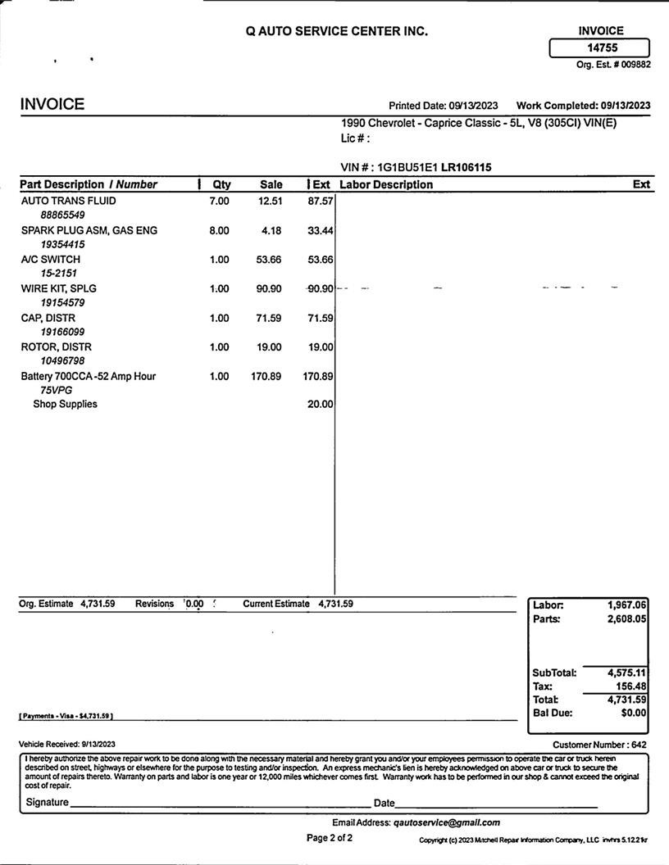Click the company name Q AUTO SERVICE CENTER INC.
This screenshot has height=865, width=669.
[x=336, y=31]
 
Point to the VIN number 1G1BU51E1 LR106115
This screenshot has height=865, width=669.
[x=434, y=167]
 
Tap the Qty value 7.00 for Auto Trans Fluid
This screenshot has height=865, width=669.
[x=220, y=201]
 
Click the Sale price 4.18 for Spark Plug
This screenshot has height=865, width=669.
[x=271, y=230]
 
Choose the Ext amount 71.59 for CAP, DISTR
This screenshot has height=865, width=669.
[x=320, y=318]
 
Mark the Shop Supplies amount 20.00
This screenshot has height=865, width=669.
[x=320, y=404]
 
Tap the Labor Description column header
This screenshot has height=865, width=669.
[x=386, y=184]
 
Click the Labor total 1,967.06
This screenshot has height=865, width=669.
[x=627, y=605]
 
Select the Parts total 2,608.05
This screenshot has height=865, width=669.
[x=627, y=618]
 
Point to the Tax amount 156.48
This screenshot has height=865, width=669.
[x=630, y=686]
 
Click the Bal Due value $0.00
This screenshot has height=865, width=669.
[x=634, y=713]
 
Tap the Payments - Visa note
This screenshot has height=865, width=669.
[x=66, y=716]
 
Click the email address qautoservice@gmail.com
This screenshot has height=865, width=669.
[x=446, y=822]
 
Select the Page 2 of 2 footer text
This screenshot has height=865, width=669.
[x=330, y=838]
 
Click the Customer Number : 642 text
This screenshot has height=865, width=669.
[x=599, y=745]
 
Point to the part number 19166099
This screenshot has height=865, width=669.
[x=62, y=332]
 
